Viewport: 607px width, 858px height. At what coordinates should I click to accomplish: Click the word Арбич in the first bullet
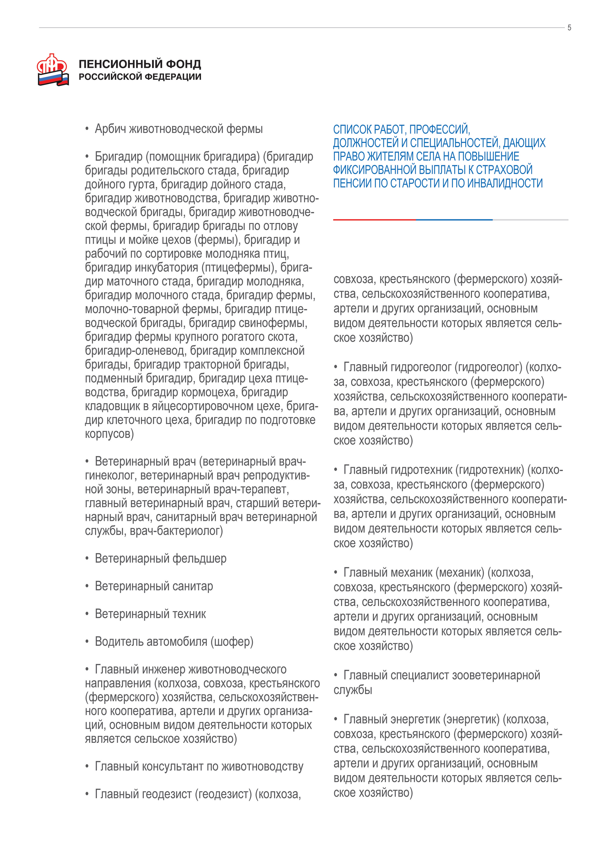(x=111, y=129)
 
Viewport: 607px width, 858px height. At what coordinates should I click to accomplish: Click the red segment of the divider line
(x=374, y=220)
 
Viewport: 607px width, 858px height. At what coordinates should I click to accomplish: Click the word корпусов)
(x=109, y=434)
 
